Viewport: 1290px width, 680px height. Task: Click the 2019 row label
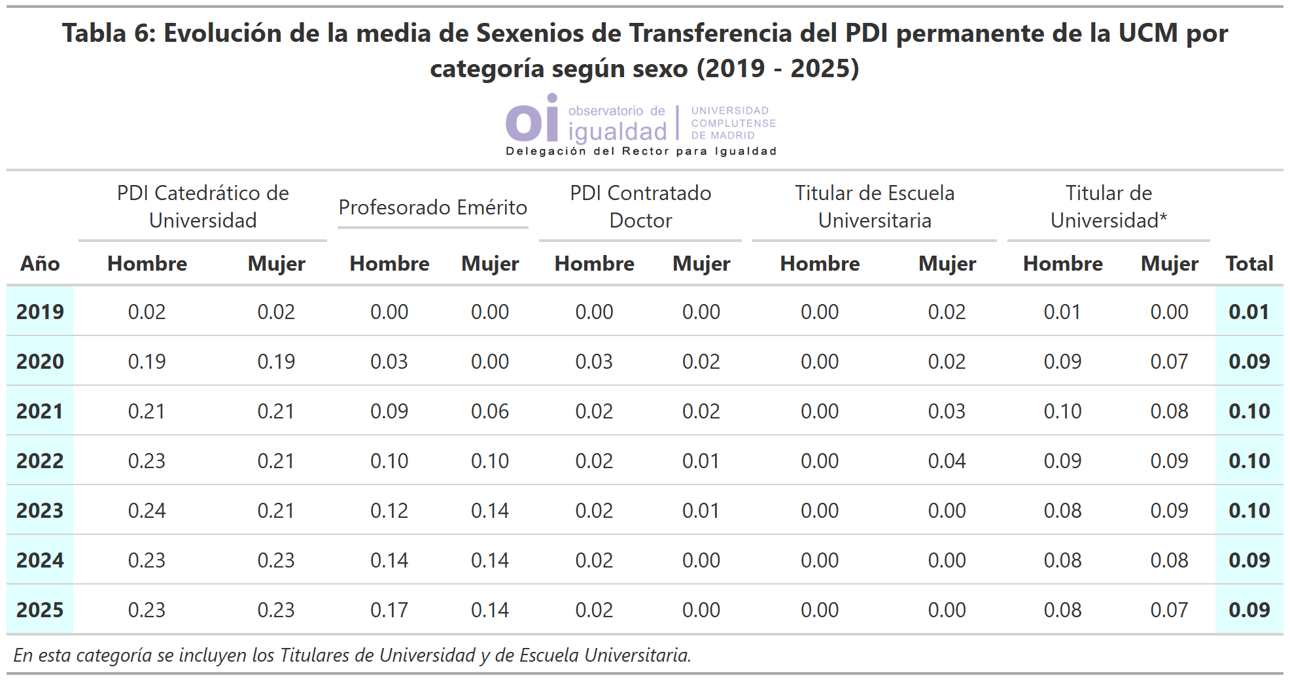point(40,312)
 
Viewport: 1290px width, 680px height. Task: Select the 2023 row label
point(40,511)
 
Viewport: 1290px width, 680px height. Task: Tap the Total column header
point(1249,263)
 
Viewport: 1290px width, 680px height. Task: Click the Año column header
point(40,263)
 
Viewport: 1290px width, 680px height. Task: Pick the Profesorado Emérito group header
point(432,207)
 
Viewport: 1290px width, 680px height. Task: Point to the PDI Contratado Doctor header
point(640,207)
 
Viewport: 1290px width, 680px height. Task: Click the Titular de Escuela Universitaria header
point(875,207)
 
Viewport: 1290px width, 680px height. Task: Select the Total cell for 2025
point(1249,610)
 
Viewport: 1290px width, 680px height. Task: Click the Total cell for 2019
point(1249,312)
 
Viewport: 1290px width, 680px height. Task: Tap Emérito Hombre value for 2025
point(389,610)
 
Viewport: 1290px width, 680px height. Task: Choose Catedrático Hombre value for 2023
point(147,511)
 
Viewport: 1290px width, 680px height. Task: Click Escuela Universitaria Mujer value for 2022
point(947,461)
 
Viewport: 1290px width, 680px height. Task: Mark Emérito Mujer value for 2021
point(490,411)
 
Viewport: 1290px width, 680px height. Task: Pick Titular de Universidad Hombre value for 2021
point(1062,411)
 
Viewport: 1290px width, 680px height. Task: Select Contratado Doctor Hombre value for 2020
point(594,362)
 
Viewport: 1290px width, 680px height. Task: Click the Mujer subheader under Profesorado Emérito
point(490,263)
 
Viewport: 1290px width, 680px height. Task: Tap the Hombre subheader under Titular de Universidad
point(1062,263)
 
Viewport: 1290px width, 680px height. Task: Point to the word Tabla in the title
point(94,33)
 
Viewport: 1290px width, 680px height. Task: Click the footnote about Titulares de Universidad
point(352,655)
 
